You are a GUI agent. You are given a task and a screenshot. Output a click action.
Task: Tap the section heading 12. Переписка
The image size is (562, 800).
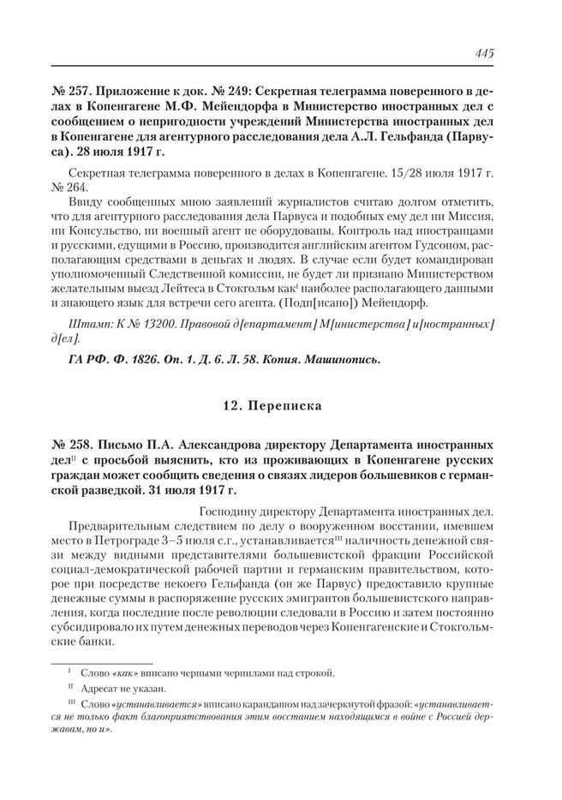[280, 403]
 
